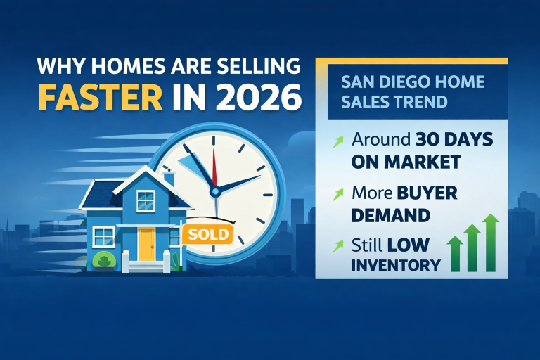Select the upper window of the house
pos(146,201)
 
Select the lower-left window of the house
pos(103,236)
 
